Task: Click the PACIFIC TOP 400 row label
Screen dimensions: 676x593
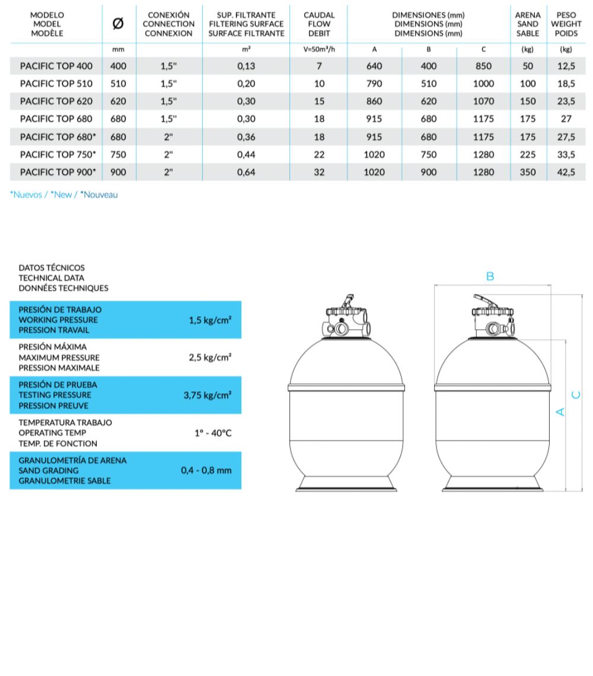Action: click(56, 66)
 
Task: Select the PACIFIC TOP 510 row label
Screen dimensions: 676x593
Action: click(56, 84)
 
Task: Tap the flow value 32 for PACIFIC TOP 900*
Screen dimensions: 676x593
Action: click(319, 173)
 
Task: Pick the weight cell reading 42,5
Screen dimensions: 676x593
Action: click(566, 173)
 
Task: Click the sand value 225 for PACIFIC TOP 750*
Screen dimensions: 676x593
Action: click(528, 155)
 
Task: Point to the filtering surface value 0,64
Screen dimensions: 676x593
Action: click(246, 173)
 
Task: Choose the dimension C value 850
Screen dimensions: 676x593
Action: click(483, 66)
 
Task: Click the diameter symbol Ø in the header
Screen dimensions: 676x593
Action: click(118, 24)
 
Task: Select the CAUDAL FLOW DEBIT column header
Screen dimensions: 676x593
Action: click(319, 24)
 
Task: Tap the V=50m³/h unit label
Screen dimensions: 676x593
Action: click(319, 50)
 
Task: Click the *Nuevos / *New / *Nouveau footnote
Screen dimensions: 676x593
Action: click(64, 194)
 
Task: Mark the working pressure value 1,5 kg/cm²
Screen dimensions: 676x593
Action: click(210, 320)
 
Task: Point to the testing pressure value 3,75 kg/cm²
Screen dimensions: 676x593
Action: click(208, 395)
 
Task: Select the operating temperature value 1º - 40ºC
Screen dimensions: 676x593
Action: click(213, 433)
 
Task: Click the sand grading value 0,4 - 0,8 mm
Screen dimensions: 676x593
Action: click(206, 470)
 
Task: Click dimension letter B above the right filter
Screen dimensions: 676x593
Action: click(490, 276)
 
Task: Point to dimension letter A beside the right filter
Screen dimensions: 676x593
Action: click(559, 410)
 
